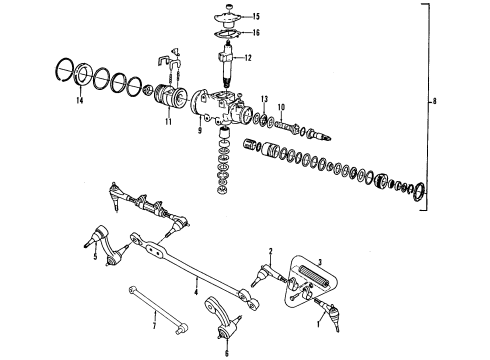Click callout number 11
168,123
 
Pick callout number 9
200,130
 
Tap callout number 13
264,98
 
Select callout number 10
282,106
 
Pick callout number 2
270,250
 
